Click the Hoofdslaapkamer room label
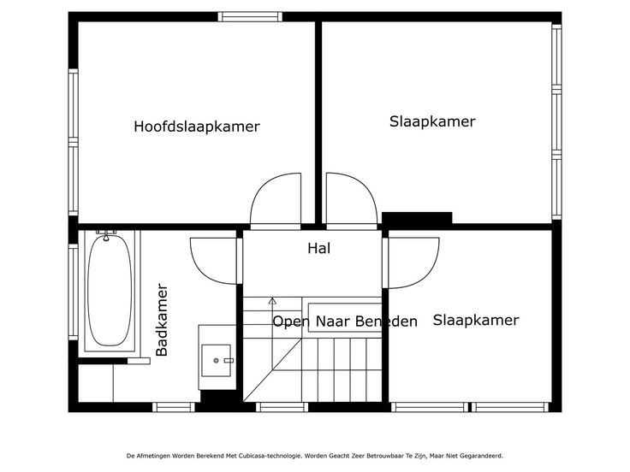point(197,127)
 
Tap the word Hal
point(319,249)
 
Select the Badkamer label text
point(162,320)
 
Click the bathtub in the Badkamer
point(110,290)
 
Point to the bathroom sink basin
point(217,361)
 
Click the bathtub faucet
point(106,236)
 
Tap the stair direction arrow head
point(272,301)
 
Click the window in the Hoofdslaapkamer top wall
point(250,17)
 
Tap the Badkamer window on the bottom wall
point(174,407)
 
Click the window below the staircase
point(282,407)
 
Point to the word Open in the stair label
point(291,322)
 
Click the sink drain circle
point(217,361)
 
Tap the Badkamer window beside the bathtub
point(73,292)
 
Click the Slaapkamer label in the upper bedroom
point(432,121)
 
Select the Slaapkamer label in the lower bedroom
point(476,321)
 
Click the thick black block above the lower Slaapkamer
point(417,218)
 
